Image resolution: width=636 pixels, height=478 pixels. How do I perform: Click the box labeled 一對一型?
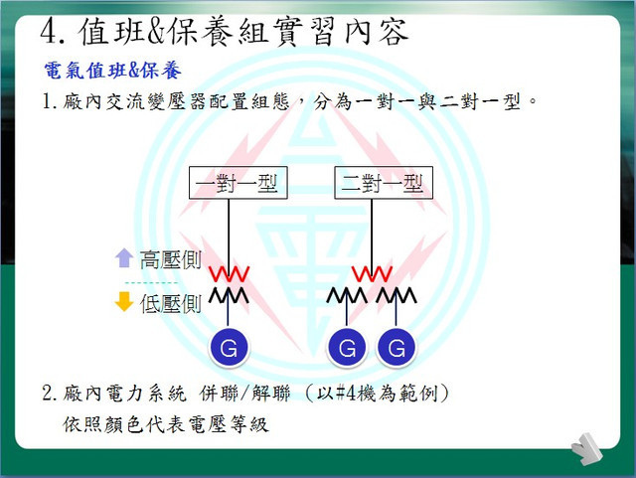tap(238, 183)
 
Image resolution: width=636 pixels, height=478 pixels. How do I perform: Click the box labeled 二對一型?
tap(384, 183)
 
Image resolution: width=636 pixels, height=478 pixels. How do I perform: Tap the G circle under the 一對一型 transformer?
tap(229, 348)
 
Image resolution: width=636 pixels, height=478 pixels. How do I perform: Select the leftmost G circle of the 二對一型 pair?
tap(347, 348)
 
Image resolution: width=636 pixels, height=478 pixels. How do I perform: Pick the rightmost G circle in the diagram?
tap(397, 348)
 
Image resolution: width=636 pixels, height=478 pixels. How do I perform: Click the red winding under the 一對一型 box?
tap(229, 274)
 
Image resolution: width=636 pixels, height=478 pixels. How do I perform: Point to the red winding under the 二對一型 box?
tap(372, 274)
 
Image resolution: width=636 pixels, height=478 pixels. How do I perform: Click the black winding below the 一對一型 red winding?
tap(229, 295)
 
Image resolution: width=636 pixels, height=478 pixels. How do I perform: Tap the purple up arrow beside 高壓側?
tap(124, 258)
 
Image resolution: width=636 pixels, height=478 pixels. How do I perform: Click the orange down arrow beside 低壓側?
tap(124, 301)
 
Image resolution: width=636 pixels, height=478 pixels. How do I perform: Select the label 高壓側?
tap(171, 259)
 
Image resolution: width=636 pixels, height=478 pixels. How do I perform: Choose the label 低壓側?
tap(171, 303)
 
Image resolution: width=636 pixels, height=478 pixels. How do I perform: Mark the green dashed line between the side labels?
tap(151, 282)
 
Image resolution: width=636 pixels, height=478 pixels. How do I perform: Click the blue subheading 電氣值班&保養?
tap(112, 71)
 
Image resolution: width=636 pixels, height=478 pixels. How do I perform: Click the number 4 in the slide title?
tap(49, 31)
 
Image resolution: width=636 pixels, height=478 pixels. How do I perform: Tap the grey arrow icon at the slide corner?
tap(586, 449)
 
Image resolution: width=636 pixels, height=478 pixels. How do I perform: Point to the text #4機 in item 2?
tap(356, 393)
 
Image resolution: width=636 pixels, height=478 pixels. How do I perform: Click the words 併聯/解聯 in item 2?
tap(244, 393)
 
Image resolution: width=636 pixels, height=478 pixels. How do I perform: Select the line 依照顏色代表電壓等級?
tap(166, 425)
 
